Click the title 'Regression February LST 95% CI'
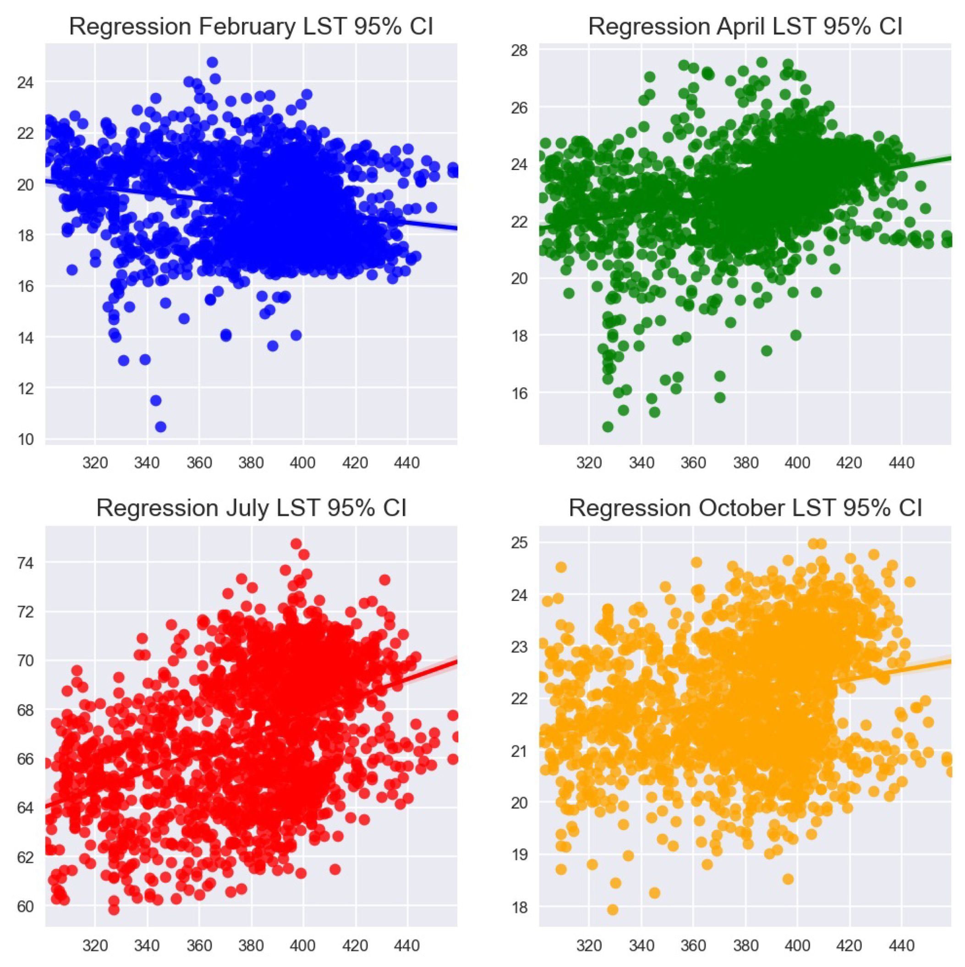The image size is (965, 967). tap(251, 27)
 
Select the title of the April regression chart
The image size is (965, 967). tap(745, 27)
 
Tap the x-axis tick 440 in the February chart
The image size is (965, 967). tap(407, 463)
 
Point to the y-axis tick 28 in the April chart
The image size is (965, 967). tap(520, 50)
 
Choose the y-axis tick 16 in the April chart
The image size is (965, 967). tap(520, 393)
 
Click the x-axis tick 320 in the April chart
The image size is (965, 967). tap(589, 463)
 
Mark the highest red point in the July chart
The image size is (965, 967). tap(296, 544)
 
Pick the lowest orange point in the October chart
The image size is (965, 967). tap(613, 909)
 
